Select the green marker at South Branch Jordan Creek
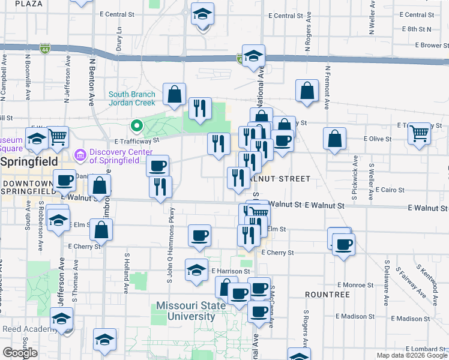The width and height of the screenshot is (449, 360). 136,126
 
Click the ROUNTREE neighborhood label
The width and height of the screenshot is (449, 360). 327,295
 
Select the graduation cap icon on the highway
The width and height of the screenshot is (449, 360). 253,56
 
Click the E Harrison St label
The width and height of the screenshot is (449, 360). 229,272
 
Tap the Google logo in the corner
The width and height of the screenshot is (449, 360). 20,353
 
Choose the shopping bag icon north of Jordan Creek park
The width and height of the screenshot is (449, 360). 174,94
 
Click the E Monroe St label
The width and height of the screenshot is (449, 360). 355,284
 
